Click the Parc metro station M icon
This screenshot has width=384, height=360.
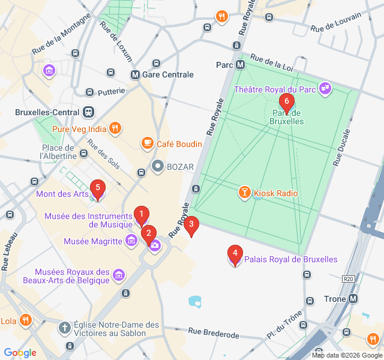pos(240,65)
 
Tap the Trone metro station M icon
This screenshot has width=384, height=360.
pos(353,299)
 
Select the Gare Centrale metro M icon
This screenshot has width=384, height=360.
pos(135,75)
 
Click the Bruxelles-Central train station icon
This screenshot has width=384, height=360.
pos(89,112)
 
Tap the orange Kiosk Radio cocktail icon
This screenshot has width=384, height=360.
pos(244,193)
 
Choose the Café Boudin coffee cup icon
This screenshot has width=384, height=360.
pos(146,143)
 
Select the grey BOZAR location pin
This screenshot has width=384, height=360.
pos(157,166)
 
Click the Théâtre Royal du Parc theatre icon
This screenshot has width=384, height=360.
pos(325,89)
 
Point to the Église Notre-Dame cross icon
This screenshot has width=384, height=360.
pos(64,328)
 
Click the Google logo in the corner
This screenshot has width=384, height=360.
pos(20,353)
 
